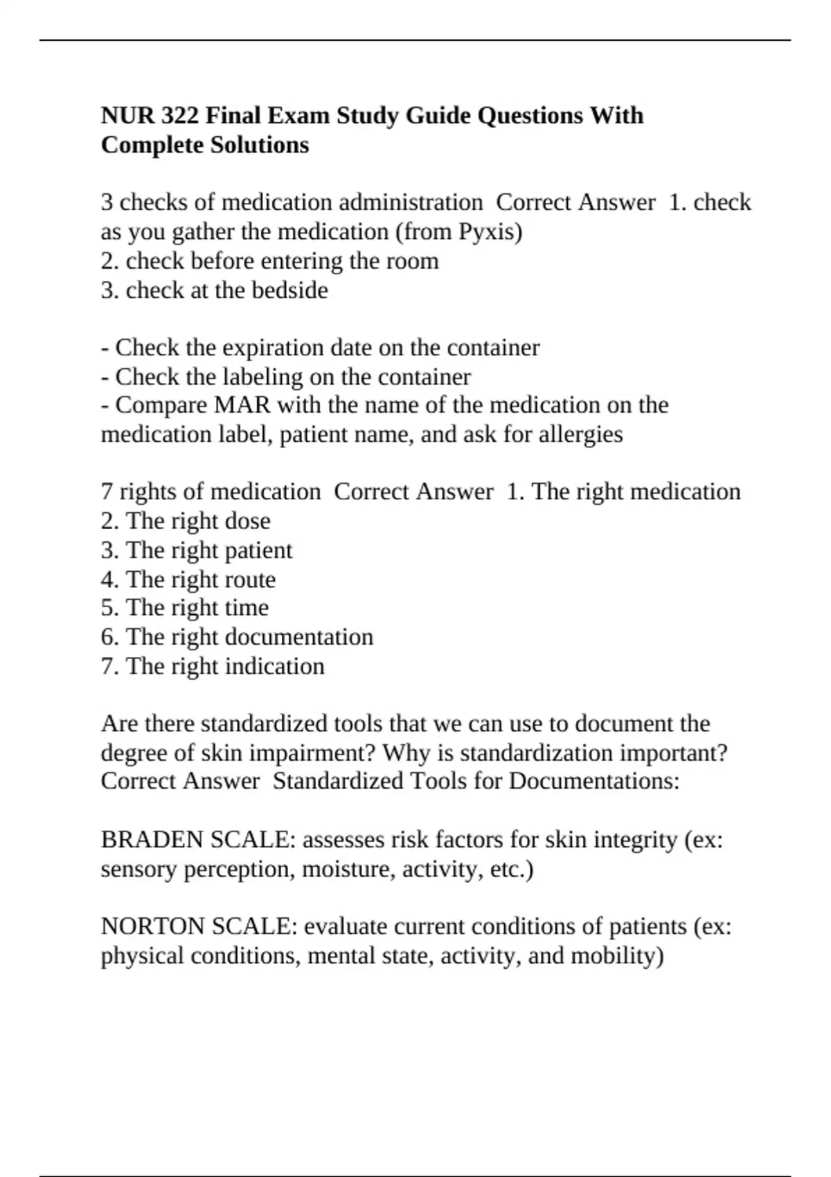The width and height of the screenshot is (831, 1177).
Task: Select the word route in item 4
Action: (251, 579)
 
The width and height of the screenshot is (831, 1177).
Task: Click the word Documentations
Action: (593, 781)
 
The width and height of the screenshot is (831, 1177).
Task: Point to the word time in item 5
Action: (247, 608)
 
